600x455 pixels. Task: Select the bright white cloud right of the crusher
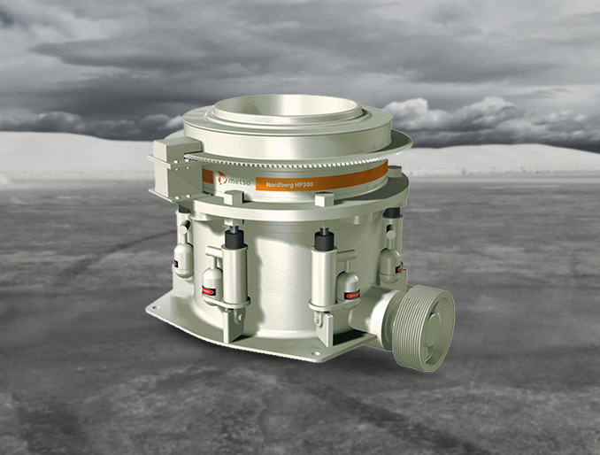tap(460, 115)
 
